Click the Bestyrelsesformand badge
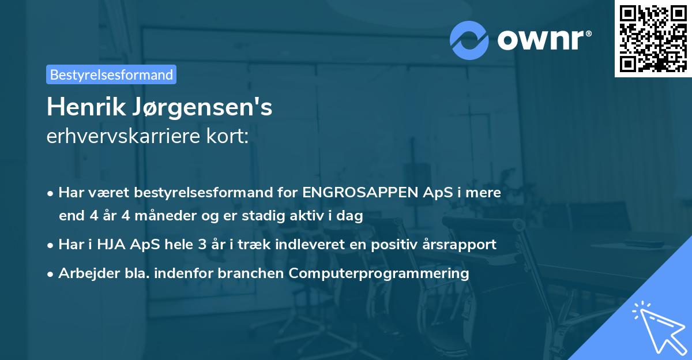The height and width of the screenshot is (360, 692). [x=111, y=74]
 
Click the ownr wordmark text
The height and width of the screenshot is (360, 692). [x=544, y=40]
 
